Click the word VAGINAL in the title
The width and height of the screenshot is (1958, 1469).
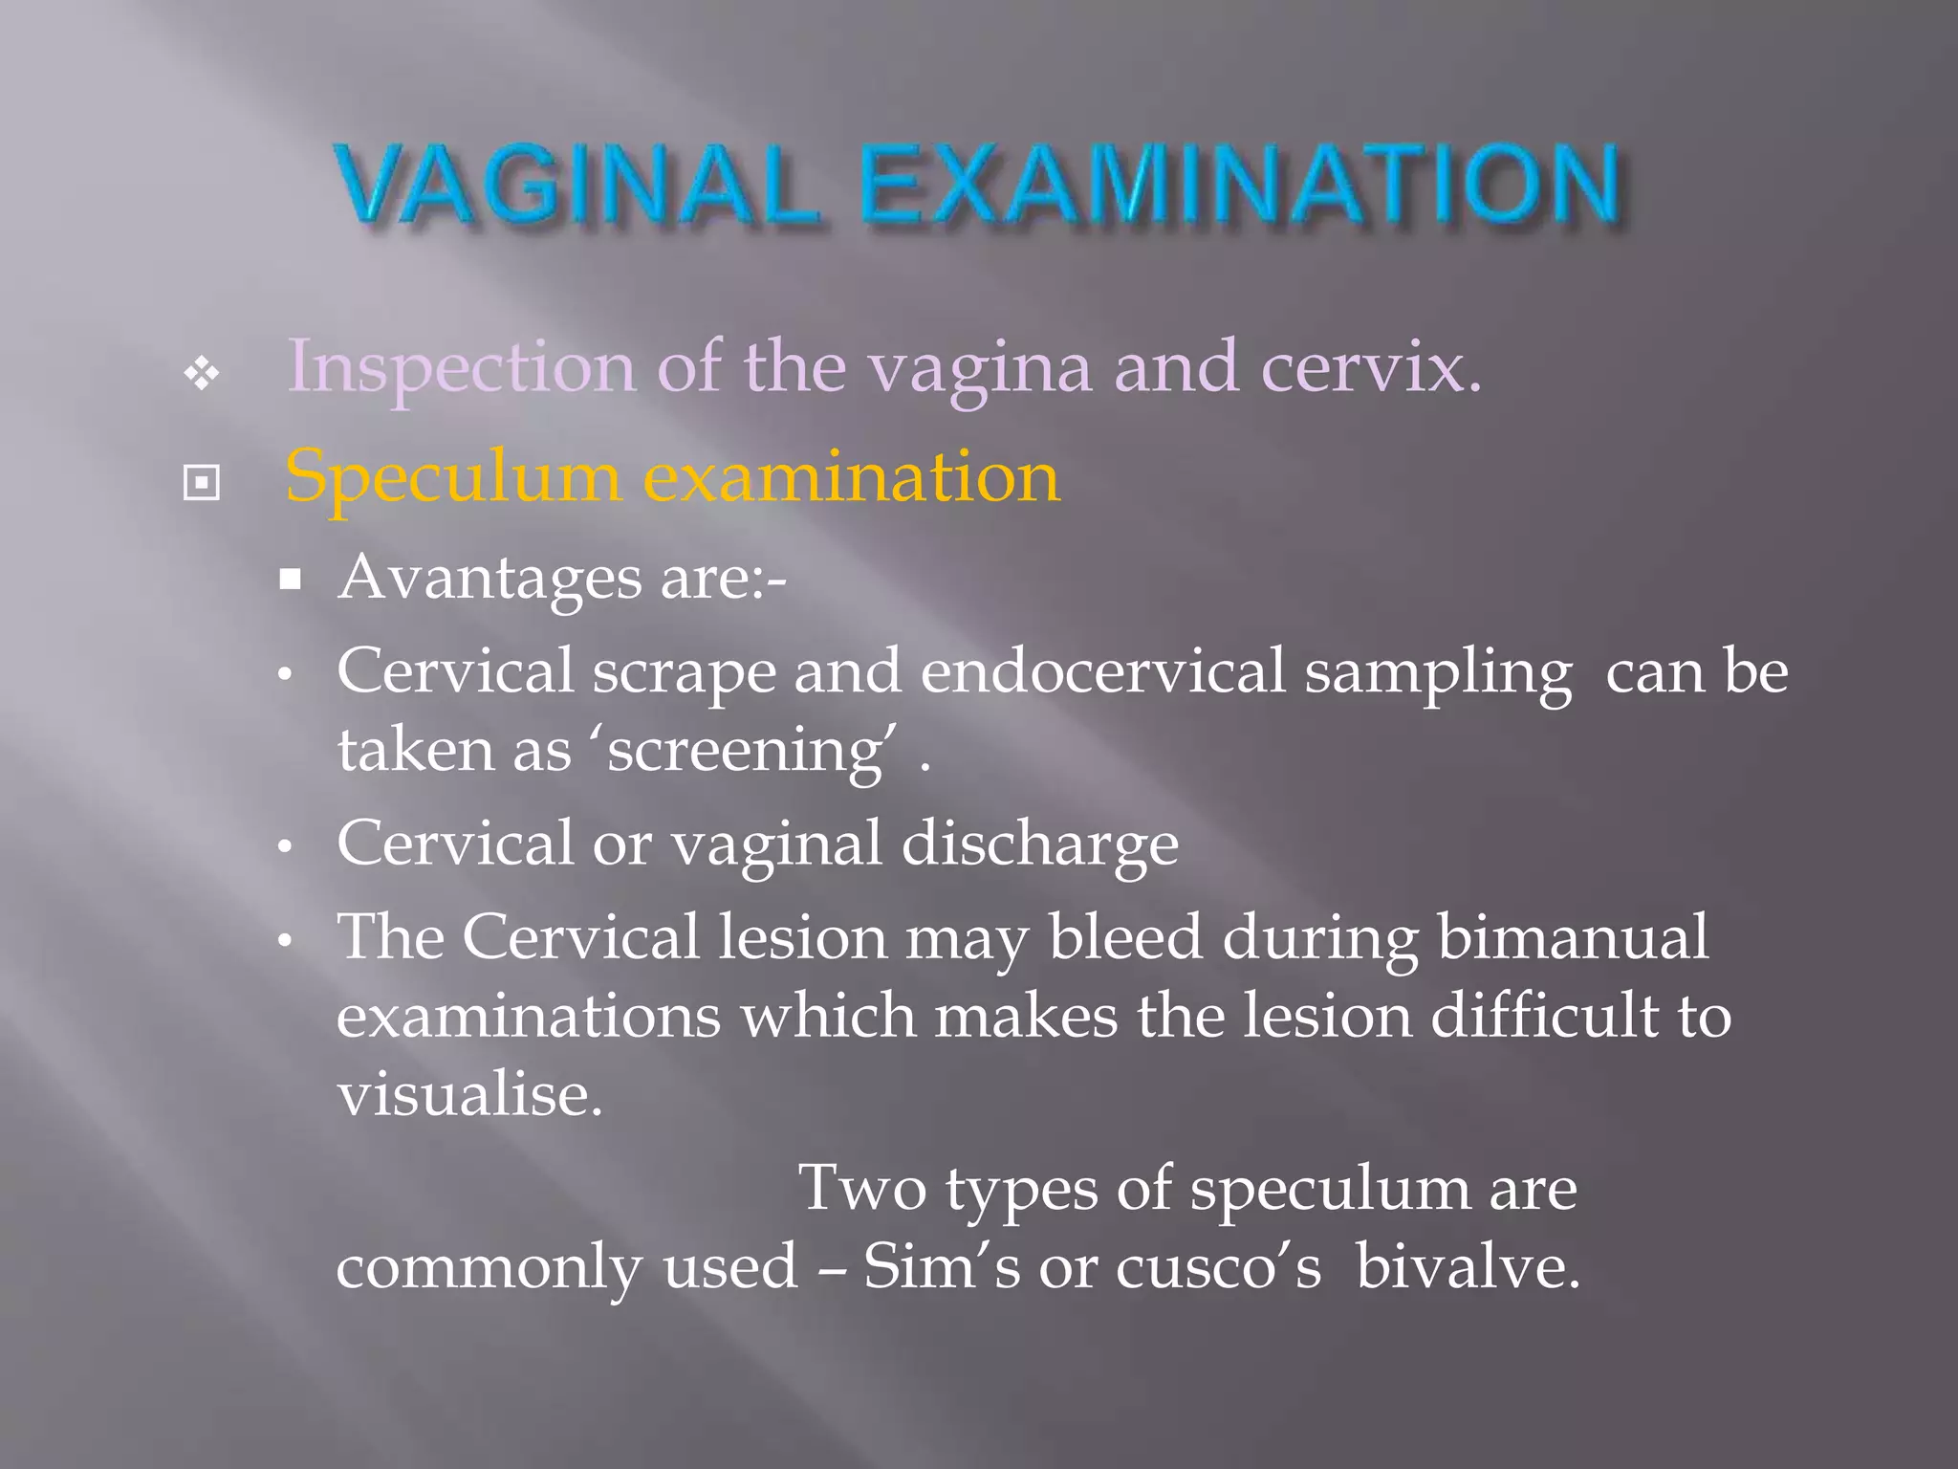coord(576,184)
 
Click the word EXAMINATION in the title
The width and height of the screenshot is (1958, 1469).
coord(1240,184)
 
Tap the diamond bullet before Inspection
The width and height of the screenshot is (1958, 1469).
coord(202,373)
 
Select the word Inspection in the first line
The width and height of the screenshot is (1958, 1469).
coord(461,368)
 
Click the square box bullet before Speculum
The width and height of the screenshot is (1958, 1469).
coord(202,483)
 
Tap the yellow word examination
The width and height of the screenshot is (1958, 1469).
coord(852,476)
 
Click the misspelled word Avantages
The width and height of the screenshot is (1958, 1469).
coord(489,578)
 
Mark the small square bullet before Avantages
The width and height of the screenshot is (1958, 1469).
coord(291,580)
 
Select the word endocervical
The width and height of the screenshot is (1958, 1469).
coord(1102,671)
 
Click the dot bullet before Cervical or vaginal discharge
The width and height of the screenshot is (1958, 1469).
coord(284,847)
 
